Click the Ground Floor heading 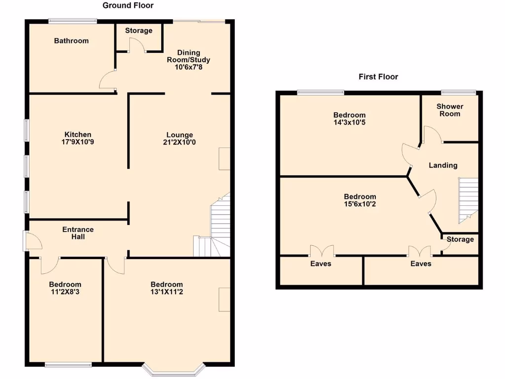tap(128, 5)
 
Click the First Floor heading tap(378, 76)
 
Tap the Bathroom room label tap(71, 41)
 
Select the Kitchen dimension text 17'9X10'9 tap(78, 142)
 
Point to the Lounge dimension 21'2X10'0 tap(180, 142)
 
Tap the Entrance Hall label tap(78, 233)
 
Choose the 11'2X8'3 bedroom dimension tap(65, 292)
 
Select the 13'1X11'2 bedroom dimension tap(167, 292)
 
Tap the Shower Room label tap(450, 110)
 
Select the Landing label tap(442, 165)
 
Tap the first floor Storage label tap(460, 239)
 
